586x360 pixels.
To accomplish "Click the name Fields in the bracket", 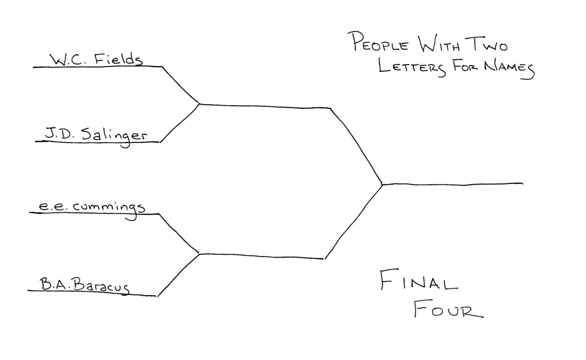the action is pyautogui.click(x=118, y=60).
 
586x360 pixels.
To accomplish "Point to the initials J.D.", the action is pyautogui.click(x=56, y=134).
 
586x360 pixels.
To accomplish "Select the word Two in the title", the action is pyautogui.click(x=486, y=44).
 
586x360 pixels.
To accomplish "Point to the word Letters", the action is pyautogui.click(x=412, y=68).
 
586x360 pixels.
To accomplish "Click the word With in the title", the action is pyautogui.click(x=438, y=44).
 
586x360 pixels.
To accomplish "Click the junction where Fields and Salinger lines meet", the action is pyautogui.click(x=200, y=104).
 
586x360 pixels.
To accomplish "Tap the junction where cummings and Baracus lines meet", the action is pyautogui.click(x=200, y=254).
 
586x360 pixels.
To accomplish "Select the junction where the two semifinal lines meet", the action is pyautogui.click(x=382, y=184).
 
